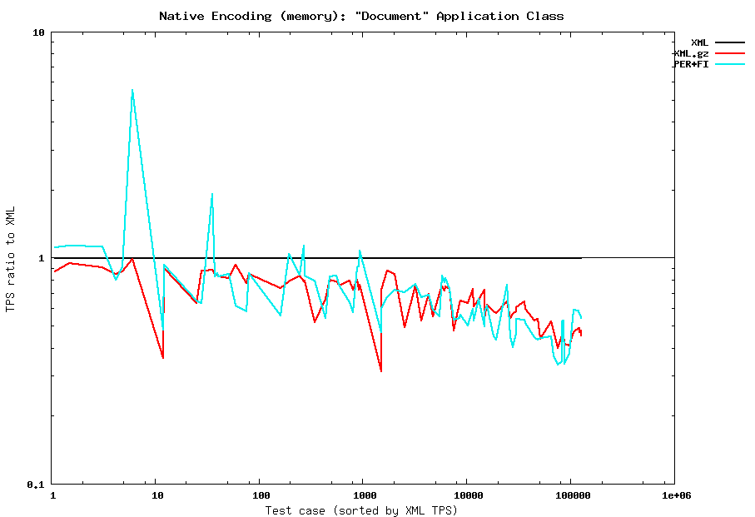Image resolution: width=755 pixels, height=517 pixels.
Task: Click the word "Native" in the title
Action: pos(179,16)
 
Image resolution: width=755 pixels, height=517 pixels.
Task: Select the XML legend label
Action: pos(699,42)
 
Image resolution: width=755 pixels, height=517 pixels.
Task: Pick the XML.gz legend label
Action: pos(691,53)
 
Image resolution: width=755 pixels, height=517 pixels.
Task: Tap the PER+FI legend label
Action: pos(691,64)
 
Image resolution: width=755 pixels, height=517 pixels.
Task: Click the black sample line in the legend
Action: pos(729,42)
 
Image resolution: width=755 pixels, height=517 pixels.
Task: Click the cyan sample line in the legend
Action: pos(729,64)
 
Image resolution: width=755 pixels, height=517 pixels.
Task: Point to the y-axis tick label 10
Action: pos(37,33)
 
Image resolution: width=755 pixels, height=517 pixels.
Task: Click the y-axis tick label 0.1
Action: pos(34,484)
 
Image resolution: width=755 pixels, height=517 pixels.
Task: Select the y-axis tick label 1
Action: pos(41,258)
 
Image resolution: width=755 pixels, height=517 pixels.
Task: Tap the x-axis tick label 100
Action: pos(259,495)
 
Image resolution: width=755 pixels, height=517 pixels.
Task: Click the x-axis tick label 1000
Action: pos(362,495)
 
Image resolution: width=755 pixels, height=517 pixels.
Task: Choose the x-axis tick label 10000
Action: pos(466,495)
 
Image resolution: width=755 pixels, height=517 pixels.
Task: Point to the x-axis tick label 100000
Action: pos(570,495)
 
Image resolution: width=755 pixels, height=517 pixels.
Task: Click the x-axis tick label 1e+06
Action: pos(674,495)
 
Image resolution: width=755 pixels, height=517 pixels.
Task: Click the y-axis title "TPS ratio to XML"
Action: pos(11,259)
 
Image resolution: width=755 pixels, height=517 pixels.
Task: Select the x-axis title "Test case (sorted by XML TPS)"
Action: pos(362,510)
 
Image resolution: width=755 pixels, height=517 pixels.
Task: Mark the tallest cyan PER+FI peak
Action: pos(132,90)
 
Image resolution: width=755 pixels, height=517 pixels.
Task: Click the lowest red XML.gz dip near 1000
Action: pos(381,370)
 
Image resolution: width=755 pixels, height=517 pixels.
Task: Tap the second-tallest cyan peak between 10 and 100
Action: pos(212,194)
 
